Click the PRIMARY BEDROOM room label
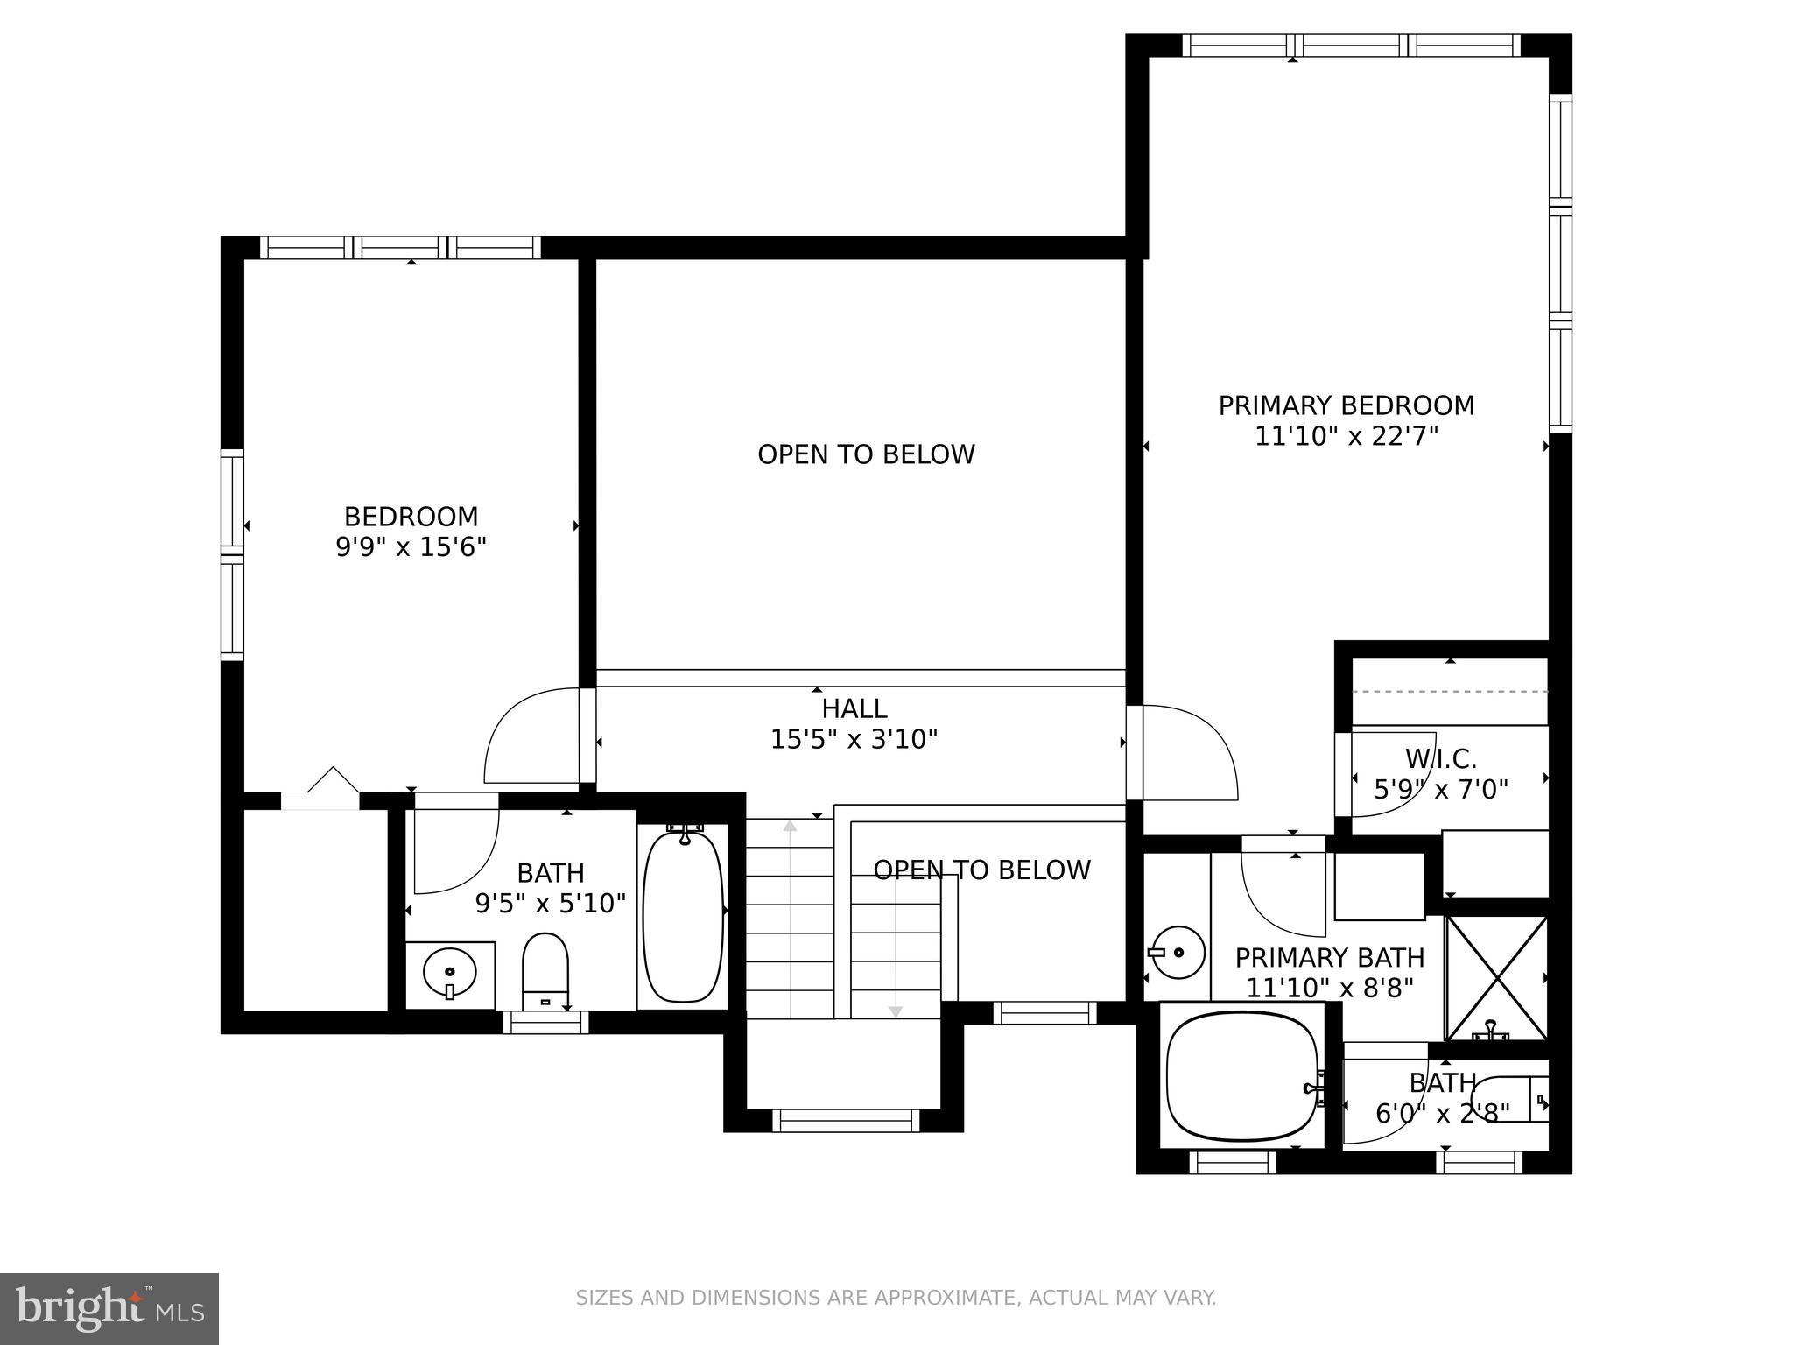tap(1346, 405)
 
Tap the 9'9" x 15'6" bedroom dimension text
tap(411, 547)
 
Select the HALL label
tap(854, 708)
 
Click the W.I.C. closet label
tap(1440, 758)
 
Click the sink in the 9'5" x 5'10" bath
tap(449, 972)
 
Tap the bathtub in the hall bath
tap(683, 916)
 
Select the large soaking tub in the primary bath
tap(1241, 1076)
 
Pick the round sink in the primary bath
tap(1177, 952)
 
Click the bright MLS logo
tap(109, 1308)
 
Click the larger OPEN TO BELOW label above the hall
tap(865, 454)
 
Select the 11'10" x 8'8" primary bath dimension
tap(1329, 989)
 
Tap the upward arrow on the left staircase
tap(790, 827)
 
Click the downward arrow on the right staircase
tap(895, 1011)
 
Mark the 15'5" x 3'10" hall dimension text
tap(854, 740)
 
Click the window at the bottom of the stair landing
tap(845, 1120)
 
